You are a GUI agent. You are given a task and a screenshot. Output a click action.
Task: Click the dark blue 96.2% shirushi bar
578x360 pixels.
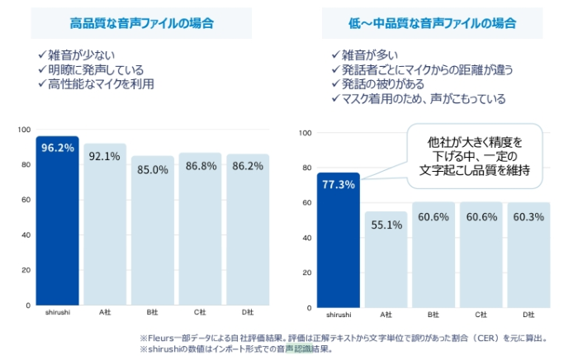pyautogui.click(x=57, y=221)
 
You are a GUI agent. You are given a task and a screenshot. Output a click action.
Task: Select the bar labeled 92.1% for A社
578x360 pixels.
pyautogui.click(x=105, y=225)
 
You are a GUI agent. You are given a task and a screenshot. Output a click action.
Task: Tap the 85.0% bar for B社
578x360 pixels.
pyautogui.click(x=153, y=231)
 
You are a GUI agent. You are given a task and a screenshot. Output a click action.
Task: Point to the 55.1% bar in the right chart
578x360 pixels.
pyautogui.click(x=386, y=259)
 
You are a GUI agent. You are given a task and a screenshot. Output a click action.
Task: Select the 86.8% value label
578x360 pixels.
pyautogui.click(x=201, y=166)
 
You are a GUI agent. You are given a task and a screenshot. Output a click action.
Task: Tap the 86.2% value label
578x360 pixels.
pyautogui.click(x=248, y=166)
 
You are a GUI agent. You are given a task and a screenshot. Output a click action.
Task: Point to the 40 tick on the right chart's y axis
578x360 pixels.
pyautogui.click(x=306, y=238)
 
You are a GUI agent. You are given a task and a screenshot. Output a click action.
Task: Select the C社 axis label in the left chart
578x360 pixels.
pyautogui.click(x=200, y=312)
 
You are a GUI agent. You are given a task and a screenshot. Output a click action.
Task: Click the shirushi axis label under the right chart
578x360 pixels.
pyautogui.click(x=338, y=315)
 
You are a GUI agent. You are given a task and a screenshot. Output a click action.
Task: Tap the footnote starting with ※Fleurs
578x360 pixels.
pyautogui.click(x=348, y=338)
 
